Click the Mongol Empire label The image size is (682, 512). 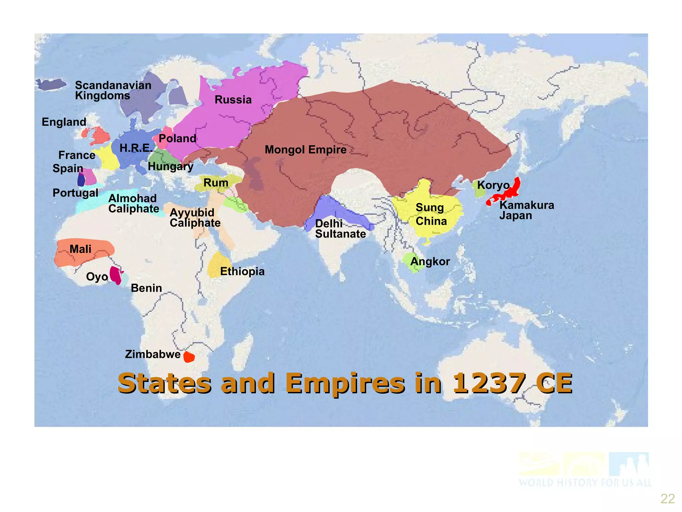click(305, 150)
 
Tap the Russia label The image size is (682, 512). click(233, 100)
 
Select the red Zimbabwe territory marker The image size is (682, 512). click(189, 357)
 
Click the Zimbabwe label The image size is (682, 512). click(153, 354)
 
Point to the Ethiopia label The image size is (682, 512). click(242, 271)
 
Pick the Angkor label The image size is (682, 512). click(430, 261)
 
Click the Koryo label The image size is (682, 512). click(493, 185)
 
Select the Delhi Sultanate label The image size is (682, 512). click(340, 229)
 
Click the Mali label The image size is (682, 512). click(80, 249)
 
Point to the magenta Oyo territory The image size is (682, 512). click(116, 275)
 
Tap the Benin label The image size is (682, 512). click(146, 288)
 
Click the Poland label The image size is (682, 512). click(177, 138)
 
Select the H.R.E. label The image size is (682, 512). click(136, 148)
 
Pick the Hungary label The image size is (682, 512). click(170, 166)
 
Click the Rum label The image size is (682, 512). click(216, 183)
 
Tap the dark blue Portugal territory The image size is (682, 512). click(81, 180)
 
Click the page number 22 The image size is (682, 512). click(667, 499)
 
